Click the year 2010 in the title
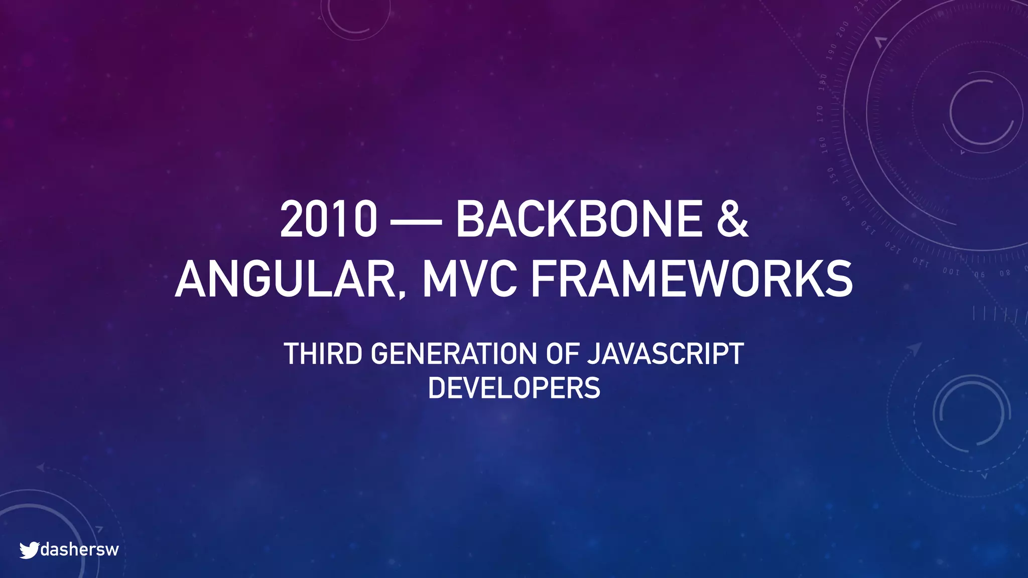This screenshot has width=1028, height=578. click(x=328, y=219)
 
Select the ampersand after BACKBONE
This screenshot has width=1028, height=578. click(x=732, y=219)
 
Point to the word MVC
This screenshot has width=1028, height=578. click(x=469, y=279)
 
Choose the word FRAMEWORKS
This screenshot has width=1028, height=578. click(x=692, y=279)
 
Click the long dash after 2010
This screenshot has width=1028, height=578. click(x=416, y=221)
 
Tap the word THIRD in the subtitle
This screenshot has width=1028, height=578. click(x=323, y=354)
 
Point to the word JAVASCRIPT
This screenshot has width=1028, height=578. click(x=666, y=354)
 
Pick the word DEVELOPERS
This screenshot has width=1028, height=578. click(x=514, y=388)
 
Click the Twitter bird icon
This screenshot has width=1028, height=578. click(x=29, y=550)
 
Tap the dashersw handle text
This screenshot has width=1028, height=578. click(x=79, y=549)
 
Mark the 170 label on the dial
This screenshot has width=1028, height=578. click(x=820, y=114)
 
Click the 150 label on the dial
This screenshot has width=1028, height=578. click(x=831, y=176)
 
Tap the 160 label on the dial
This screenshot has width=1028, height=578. click(x=823, y=145)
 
